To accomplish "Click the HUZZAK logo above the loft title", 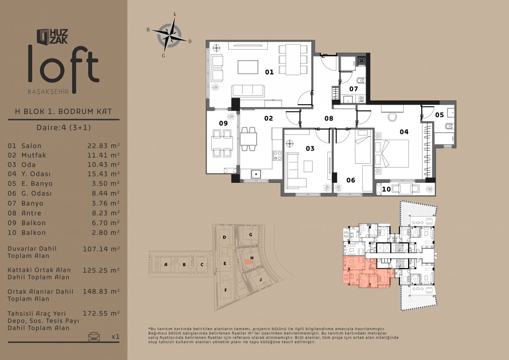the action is (x=52, y=36).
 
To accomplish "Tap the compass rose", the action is (x=169, y=36).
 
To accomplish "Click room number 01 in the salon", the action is (x=269, y=72).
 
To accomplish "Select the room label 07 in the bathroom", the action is (x=354, y=89).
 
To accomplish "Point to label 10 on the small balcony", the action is (x=386, y=189).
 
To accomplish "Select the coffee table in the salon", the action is (x=248, y=67).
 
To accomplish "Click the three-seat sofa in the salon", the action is (x=248, y=91).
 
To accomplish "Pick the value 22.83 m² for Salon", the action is (x=103, y=145).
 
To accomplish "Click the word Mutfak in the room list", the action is (x=34, y=155).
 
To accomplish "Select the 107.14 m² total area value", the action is (x=101, y=249).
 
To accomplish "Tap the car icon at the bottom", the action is (x=94, y=336).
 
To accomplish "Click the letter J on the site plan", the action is (x=260, y=279).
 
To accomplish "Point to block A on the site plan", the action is (x=166, y=265).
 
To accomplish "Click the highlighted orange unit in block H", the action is (x=249, y=262).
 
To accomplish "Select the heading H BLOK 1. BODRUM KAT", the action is (x=64, y=112).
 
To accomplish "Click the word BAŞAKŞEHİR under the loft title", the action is (x=48, y=92).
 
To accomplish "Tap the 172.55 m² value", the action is (x=101, y=313).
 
